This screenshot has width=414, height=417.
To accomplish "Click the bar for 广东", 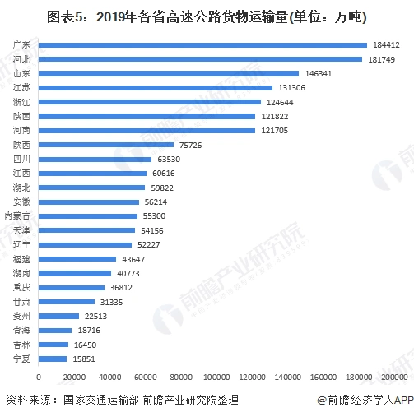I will [x=202, y=44].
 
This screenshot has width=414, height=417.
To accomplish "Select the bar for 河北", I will [x=200, y=58].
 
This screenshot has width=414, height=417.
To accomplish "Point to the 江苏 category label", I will [x=22, y=87].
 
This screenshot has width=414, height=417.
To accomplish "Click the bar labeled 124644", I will [x=150, y=102].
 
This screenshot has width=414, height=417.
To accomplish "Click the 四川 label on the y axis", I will [x=22, y=159].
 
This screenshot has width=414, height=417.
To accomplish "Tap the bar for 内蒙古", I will [x=88, y=215].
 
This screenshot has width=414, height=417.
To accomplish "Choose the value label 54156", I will [x=154, y=230].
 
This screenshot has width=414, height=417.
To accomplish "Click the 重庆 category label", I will [x=22, y=287].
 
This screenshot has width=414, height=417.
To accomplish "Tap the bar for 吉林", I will [x=53, y=345].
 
